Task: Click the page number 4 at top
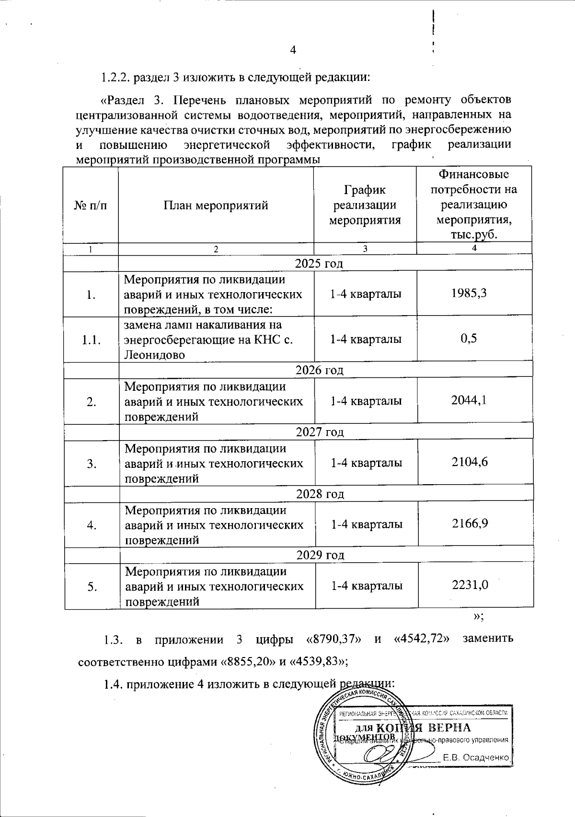click(x=294, y=49)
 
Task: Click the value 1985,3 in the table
click(x=470, y=294)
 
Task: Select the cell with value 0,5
click(x=469, y=339)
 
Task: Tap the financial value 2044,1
click(x=470, y=400)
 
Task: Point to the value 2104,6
click(x=470, y=462)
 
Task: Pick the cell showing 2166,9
click(x=470, y=523)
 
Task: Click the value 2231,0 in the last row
click(x=470, y=585)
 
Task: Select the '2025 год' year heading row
click(x=319, y=263)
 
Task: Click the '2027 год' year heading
click(x=320, y=432)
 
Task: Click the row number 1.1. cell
click(x=91, y=340)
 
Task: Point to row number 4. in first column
click(x=91, y=525)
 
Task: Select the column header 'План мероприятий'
click(x=216, y=205)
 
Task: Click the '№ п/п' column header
click(x=91, y=205)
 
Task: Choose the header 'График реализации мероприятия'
click(x=365, y=205)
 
